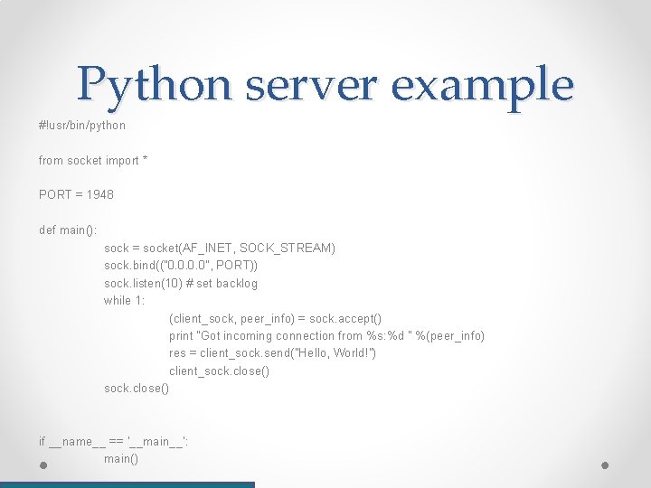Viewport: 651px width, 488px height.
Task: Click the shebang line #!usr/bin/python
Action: click(82, 125)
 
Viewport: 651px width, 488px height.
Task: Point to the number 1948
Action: click(100, 194)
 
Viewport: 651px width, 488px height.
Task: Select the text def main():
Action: click(68, 230)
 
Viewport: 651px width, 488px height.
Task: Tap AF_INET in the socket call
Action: click(209, 248)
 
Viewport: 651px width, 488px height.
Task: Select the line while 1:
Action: click(124, 300)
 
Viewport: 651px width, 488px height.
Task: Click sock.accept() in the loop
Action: click(345, 318)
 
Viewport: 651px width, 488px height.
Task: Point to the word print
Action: click(181, 335)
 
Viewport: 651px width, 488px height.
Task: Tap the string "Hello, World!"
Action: click(335, 352)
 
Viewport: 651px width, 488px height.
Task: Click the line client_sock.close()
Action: click(219, 371)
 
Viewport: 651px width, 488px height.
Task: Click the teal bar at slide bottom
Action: click(127, 484)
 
